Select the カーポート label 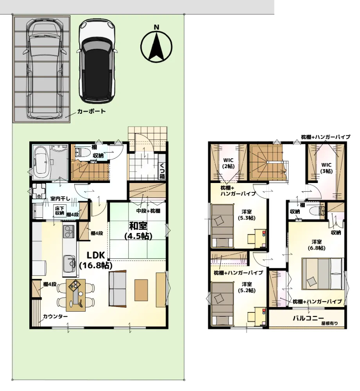(91, 111)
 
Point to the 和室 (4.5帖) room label (138, 231)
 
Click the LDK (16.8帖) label (95, 260)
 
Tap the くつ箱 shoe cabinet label (162, 170)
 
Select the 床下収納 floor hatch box (59, 211)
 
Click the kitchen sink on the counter (70, 264)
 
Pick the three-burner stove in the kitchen (69, 231)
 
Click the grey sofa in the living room (117, 289)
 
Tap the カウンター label (55, 316)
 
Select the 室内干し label (60, 199)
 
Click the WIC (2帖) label (228, 163)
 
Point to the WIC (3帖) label (326, 168)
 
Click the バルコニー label (308, 318)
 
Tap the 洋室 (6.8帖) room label (316, 245)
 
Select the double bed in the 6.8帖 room (323, 274)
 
